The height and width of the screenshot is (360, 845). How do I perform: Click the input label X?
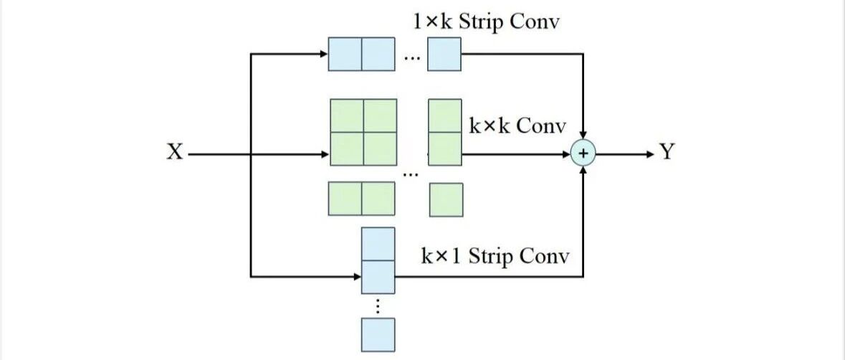(174, 153)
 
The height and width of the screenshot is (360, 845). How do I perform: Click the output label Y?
(667, 153)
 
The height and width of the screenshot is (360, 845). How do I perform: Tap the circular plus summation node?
(583, 153)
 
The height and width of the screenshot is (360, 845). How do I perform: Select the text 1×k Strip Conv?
(487, 22)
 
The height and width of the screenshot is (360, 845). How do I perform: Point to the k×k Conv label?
(517, 126)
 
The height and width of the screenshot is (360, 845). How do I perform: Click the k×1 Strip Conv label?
(495, 256)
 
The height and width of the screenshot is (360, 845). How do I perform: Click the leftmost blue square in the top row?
(345, 54)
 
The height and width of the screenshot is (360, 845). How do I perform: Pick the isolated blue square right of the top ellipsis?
(444, 54)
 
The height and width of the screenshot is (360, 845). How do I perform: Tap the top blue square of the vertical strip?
(378, 243)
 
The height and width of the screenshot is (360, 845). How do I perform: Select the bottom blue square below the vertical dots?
(378, 334)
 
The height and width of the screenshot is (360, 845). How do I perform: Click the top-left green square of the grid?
(346, 115)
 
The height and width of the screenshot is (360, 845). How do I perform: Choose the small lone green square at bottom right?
(446, 199)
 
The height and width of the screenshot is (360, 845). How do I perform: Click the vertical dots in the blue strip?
(378, 305)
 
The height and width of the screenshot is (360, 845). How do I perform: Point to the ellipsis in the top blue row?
(411, 57)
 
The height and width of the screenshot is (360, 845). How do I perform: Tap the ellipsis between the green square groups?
(411, 173)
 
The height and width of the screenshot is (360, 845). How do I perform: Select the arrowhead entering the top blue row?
(323, 54)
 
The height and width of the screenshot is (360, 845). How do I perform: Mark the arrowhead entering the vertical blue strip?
(356, 276)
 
